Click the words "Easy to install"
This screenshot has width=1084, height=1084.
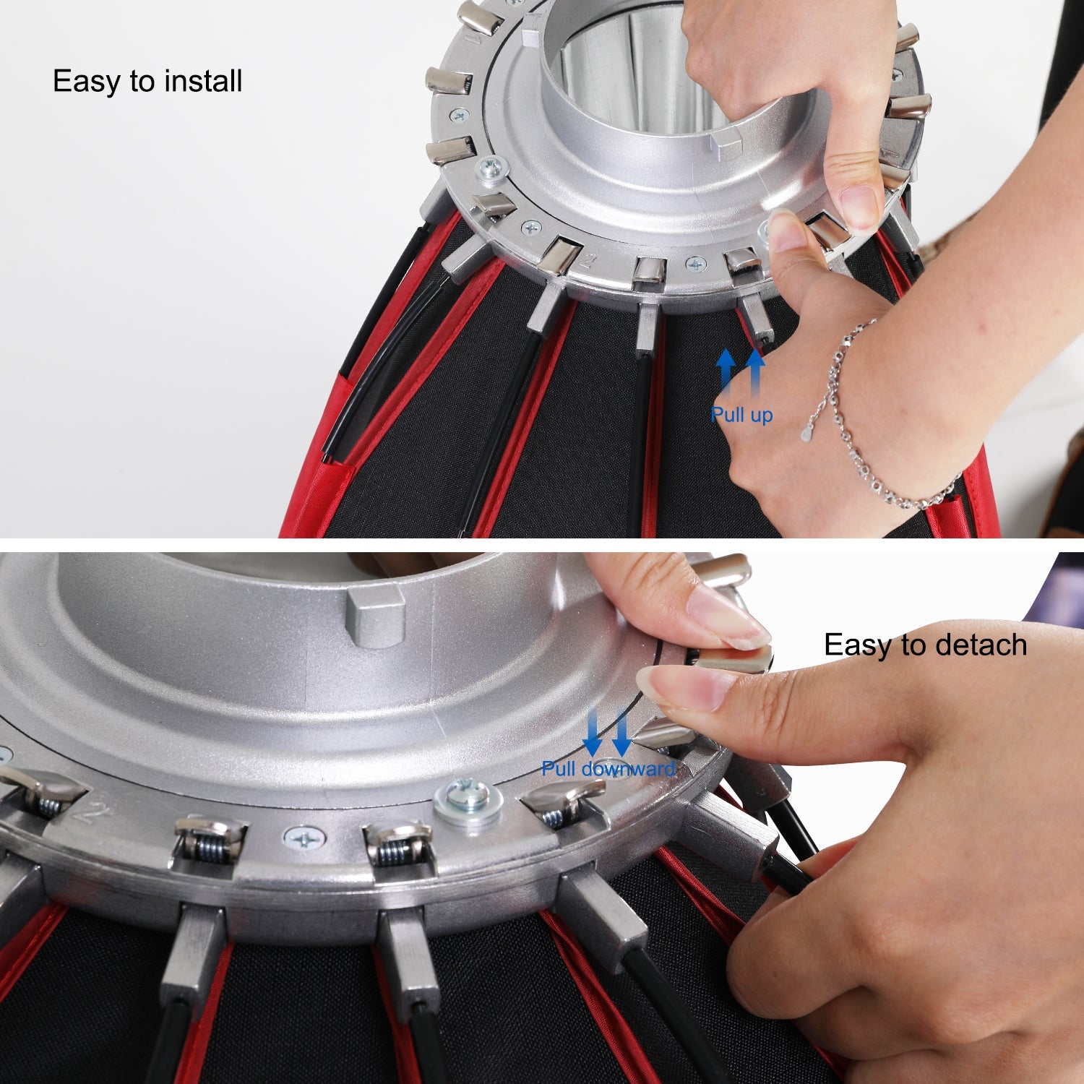(x=147, y=81)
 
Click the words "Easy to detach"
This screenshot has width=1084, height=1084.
(x=925, y=645)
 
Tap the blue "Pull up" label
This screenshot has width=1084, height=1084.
(x=741, y=415)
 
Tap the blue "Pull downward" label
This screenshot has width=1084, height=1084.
(x=608, y=768)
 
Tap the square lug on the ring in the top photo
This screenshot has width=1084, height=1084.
(x=726, y=145)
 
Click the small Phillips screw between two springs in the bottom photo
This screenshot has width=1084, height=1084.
(x=304, y=839)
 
